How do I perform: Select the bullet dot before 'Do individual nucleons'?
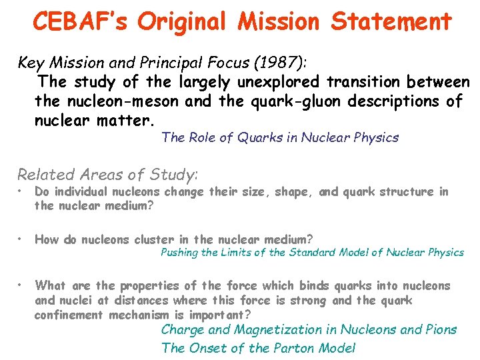(21, 192)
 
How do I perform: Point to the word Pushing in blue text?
(179, 252)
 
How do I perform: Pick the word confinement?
(66, 315)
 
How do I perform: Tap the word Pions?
(439, 329)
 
